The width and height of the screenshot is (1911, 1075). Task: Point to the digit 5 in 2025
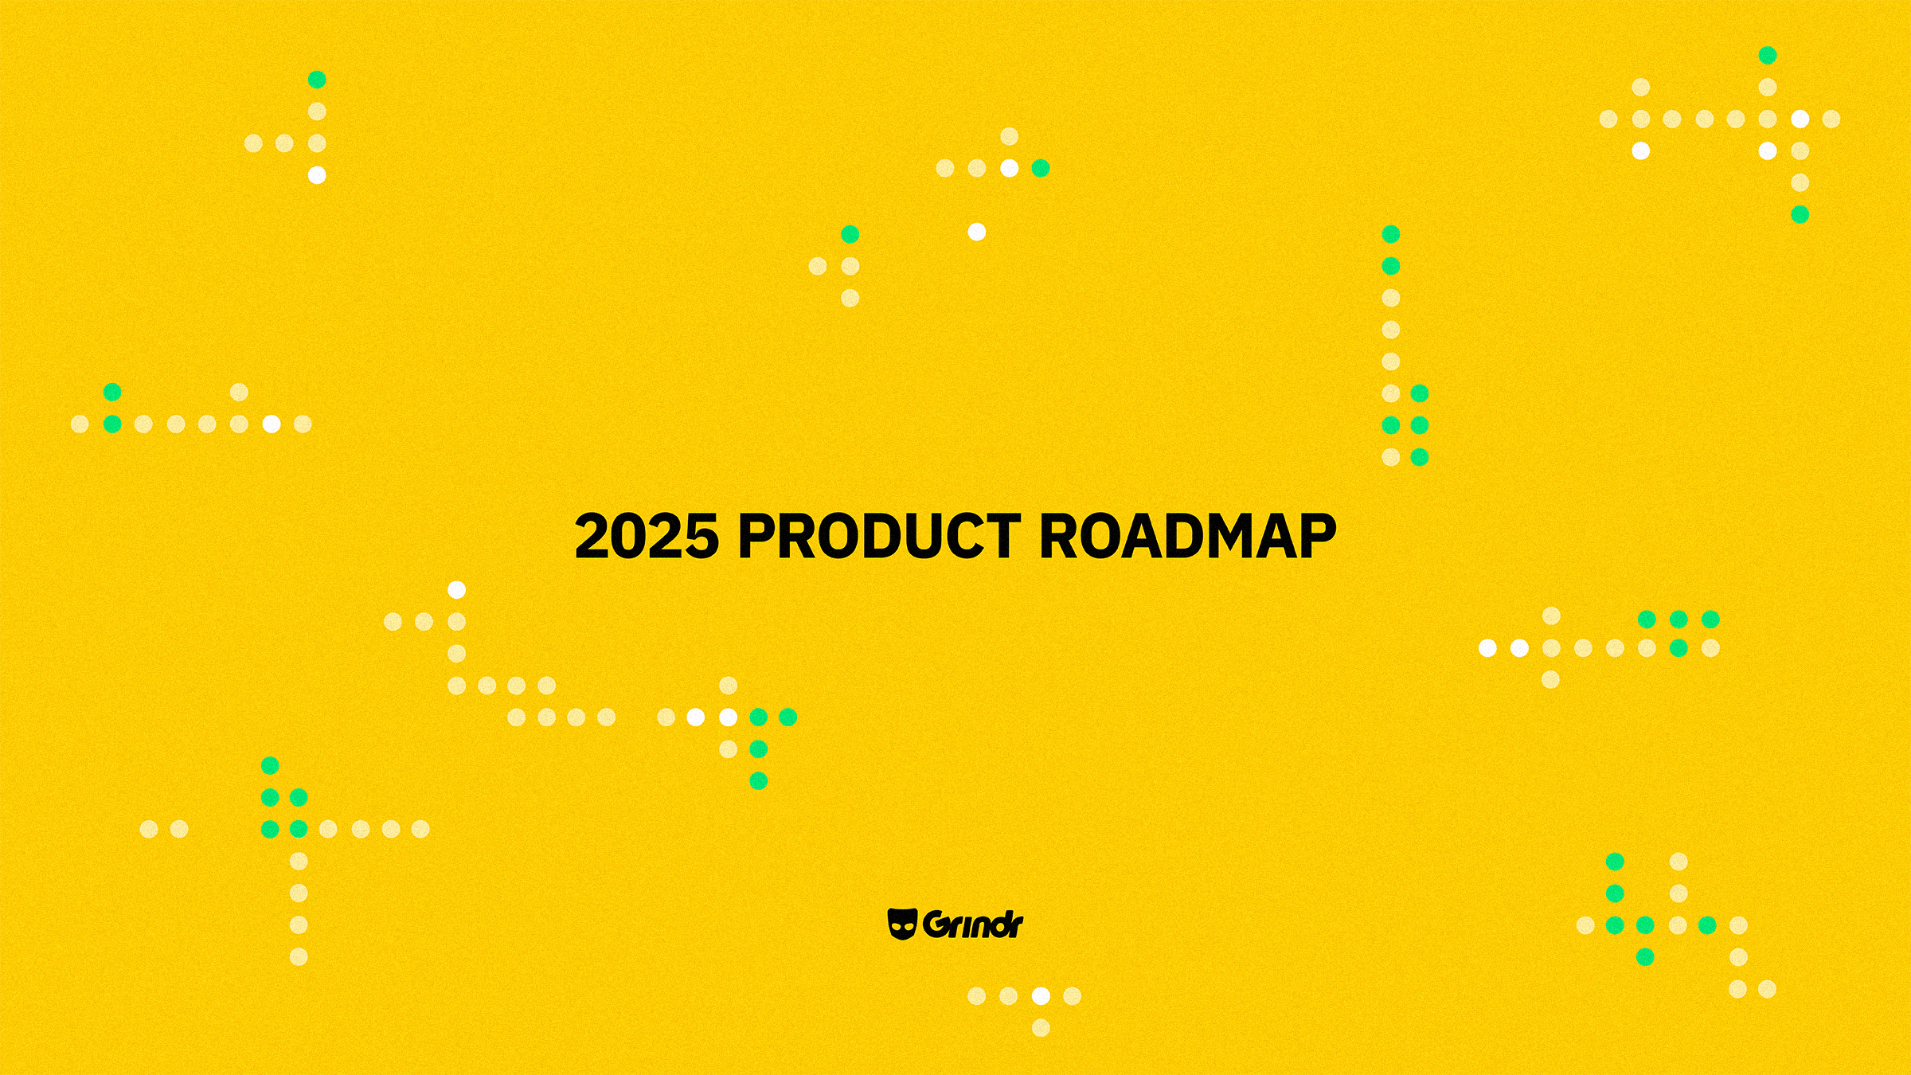701,536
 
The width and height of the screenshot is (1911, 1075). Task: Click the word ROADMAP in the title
1187,536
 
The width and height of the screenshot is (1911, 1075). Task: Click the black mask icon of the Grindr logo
902,924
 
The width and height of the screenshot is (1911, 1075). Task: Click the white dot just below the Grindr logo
1041,996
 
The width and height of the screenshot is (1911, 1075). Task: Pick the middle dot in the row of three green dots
1678,619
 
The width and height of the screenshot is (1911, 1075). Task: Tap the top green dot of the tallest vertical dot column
1391,234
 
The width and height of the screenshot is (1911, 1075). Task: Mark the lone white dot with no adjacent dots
977,232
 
